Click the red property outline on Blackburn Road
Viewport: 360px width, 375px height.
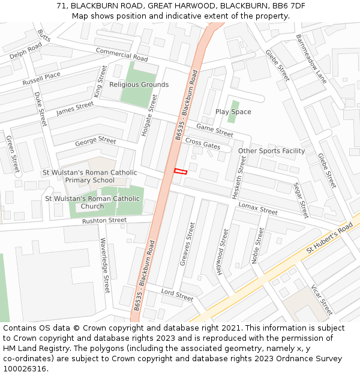click(x=181, y=172)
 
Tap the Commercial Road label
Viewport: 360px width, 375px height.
click(x=122, y=55)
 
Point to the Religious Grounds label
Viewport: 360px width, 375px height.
click(x=139, y=85)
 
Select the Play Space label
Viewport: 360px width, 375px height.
click(x=233, y=112)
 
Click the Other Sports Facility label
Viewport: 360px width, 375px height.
click(x=271, y=151)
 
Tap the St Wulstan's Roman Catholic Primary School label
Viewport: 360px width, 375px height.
click(x=89, y=176)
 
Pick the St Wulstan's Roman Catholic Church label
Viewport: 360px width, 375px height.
click(x=92, y=202)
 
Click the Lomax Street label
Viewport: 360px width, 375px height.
click(x=258, y=208)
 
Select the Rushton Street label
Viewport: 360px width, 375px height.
click(x=104, y=221)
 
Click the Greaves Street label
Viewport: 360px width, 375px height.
click(x=188, y=244)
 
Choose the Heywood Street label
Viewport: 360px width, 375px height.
click(x=223, y=251)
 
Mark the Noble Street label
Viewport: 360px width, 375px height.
click(x=257, y=245)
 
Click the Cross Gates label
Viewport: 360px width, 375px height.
click(x=202, y=143)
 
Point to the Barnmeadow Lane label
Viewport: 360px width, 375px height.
click(x=311, y=58)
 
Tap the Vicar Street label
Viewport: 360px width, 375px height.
click(x=322, y=300)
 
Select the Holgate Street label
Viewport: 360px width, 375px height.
click(x=149, y=115)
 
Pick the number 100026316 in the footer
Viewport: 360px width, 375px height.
click(x=23, y=369)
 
